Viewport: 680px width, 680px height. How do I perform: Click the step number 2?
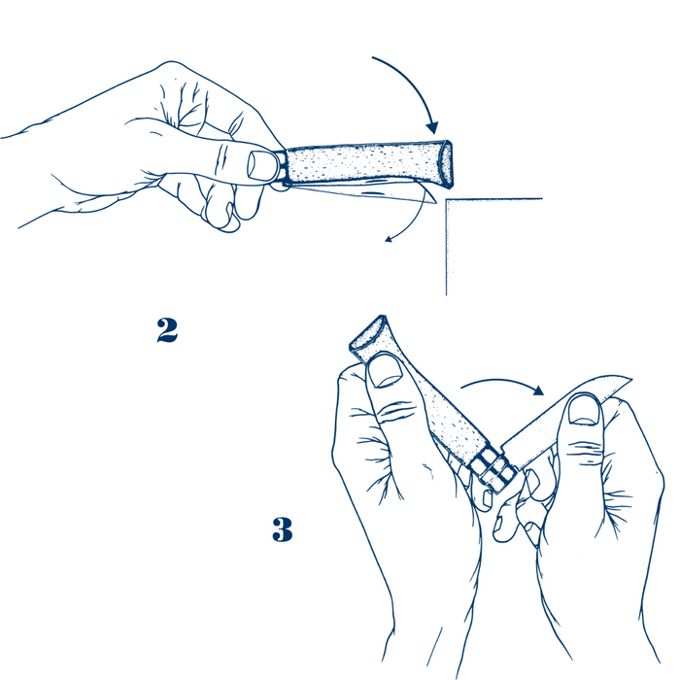167,330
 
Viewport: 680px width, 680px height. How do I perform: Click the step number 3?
283,529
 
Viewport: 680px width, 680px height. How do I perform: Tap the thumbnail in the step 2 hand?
261,165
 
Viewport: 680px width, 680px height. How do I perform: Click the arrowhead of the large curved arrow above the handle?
432,127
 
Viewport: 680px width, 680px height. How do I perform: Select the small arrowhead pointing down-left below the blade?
389,238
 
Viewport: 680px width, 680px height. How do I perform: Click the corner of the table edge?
447,200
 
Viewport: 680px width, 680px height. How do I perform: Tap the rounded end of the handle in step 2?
446,164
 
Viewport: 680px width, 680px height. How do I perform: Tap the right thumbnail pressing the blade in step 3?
584,410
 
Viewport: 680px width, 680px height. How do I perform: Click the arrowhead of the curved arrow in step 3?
538,390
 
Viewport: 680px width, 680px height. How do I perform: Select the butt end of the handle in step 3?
368,333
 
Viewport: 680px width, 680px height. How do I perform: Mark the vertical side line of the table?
446,247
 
